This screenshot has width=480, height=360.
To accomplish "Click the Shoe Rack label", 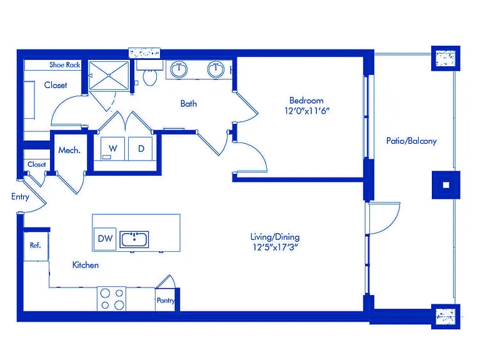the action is tap(65, 65).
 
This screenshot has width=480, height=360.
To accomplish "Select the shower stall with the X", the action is tap(109, 75).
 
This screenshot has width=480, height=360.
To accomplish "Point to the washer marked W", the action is tap(112, 149).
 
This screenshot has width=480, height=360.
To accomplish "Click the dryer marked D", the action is tap(141, 149).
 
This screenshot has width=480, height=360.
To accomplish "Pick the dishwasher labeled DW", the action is tap(105, 239).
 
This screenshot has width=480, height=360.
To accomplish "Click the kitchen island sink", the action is tap(134, 239).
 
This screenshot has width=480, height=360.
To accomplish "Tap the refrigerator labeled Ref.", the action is tap(36, 246).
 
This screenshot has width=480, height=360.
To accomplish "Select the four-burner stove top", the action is tap(112, 299).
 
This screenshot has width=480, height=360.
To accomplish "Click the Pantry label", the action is tap(166, 301).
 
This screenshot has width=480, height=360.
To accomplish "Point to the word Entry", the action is tap(20, 197).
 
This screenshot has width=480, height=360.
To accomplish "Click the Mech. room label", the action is tap(69, 150).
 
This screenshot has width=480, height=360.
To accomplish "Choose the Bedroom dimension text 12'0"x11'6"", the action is tap(307, 111).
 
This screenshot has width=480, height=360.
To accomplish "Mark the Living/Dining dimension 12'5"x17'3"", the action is tap(275, 247).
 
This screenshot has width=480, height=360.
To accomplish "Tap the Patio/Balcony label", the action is tap(411, 141).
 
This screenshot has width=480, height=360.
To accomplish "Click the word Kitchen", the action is tap(86, 265).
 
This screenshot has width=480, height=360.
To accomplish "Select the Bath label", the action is tap(189, 104).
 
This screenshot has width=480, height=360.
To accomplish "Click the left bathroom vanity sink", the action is tap(179, 69).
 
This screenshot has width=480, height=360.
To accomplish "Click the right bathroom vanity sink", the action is tap(216, 69).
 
